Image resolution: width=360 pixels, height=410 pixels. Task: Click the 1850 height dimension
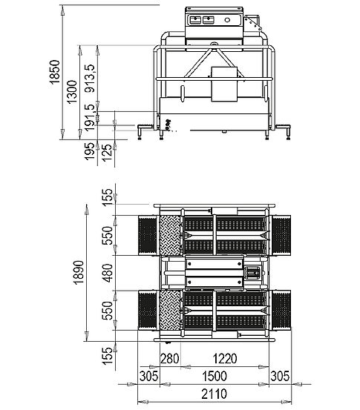(x=55, y=72)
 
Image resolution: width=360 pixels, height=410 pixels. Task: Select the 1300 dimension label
(x=72, y=92)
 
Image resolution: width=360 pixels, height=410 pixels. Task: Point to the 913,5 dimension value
(x=90, y=78)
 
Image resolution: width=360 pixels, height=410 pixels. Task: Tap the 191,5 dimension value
(x=90, y=117)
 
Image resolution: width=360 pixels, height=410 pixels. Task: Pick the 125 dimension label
(x=108, y=153)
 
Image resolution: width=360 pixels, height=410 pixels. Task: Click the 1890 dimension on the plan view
(x=79, y=272)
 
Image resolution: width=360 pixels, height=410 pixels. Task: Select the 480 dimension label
(x=108, y=273)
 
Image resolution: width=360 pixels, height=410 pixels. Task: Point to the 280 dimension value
(x=170, y=359)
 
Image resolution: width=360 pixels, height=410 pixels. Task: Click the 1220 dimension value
(x=225, y=359)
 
